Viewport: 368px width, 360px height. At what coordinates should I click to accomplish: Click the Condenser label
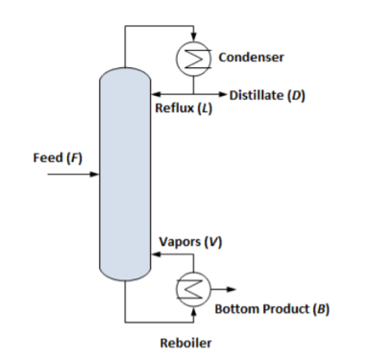click(x=252, y=58)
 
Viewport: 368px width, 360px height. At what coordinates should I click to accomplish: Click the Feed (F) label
click(x=59, y=157)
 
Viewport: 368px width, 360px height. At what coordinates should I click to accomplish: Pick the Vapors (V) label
click(x=189, y=241)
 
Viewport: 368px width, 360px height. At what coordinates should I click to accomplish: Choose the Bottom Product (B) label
click(x=272, y=309)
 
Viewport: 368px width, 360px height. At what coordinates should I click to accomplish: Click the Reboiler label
click(x=186, y=341)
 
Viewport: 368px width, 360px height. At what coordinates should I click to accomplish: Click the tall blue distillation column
click(x=124, y=173)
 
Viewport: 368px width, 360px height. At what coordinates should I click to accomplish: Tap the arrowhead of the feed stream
click(x=96, y=176)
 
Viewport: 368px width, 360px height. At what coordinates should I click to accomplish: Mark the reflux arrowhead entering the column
click(x=152, y=95)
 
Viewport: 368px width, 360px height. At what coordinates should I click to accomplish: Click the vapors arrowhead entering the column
click(x=152, y=256)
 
